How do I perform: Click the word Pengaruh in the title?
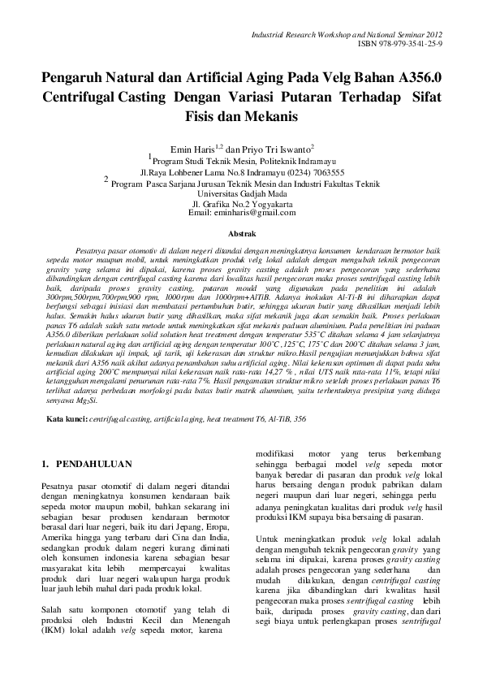[x=75, y=79]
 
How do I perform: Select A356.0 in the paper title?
[x=420, y=79]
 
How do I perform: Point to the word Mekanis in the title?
[x=269, y=116]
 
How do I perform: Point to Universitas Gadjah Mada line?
[x=243, y=194]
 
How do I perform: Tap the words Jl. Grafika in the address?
[x=213, y=204]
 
